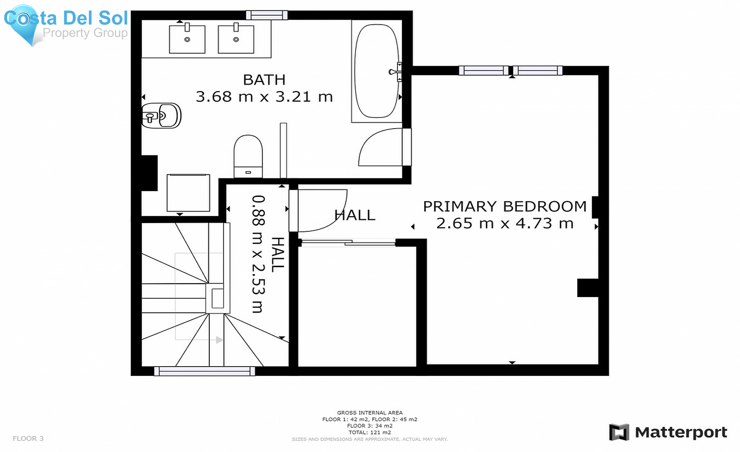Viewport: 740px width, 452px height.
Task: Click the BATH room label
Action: click(264, 80)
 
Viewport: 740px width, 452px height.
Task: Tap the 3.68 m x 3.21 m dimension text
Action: click(264, 97)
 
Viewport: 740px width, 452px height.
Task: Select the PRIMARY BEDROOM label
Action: click(505, 206)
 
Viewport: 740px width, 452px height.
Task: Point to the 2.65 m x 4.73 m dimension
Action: click(505, 224)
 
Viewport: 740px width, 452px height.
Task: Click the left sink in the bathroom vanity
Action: click(187, 39)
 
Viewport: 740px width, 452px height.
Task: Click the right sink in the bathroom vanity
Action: click(236, 39)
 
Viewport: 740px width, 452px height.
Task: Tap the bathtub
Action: click(377, 71)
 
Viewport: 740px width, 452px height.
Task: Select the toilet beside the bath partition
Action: click(248, 157)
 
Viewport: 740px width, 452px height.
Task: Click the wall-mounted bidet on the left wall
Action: click(161, 115)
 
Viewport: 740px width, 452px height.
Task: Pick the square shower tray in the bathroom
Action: click(188, 193)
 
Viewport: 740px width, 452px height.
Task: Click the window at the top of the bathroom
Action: click(267, 15)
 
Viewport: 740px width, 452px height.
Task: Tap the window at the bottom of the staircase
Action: click(204, 371)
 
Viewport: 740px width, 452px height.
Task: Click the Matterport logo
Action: click(668, 432)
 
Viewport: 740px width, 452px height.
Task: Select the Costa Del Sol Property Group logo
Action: click(66, 25)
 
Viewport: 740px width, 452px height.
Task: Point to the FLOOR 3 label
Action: click(28, 438)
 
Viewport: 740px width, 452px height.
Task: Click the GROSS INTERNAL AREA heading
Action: click(370, 413)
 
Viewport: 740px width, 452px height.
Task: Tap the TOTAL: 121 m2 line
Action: click(370, 432)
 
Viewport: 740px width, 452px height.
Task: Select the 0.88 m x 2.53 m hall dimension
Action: click(258, 254)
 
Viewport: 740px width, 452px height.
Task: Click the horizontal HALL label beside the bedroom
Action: click(355, 215)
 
